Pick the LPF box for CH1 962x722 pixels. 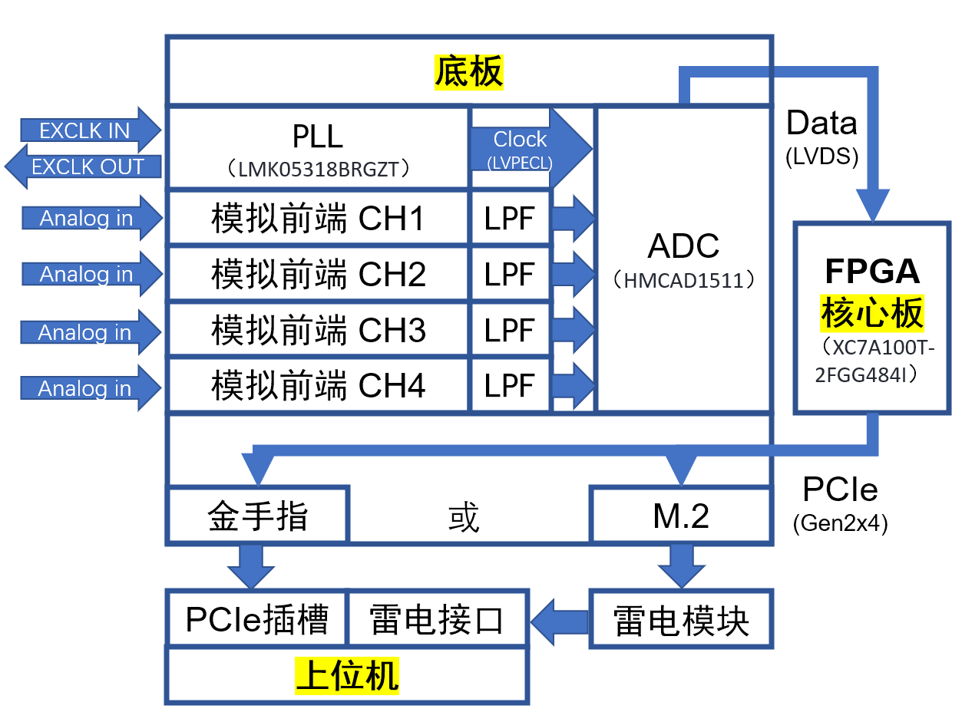coord(510,219)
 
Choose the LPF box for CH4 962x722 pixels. coord(510,385)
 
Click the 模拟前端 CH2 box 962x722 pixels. coord(318,275)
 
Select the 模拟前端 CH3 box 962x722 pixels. coord(318,330)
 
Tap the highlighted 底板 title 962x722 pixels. coord(468,72)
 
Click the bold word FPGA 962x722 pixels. coord(872,272)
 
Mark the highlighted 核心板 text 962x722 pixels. coord(872,313)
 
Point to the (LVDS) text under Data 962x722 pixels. coord(822,157)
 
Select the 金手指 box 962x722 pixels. coord(258,516)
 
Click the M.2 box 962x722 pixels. coord(680,516)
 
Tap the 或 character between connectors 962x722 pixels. coord(464,518)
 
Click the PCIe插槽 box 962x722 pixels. coord(257,618)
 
